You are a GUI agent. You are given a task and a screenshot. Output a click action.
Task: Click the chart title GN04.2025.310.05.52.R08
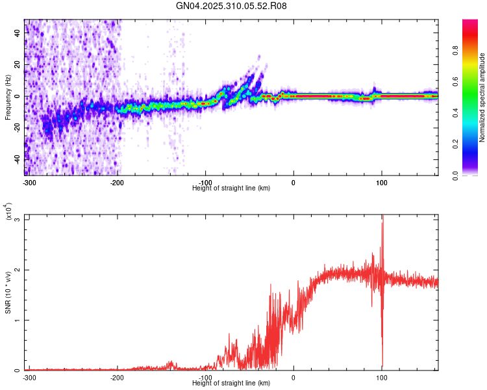click(x=232, y=6)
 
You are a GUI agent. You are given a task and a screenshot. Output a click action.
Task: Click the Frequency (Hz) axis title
click(x=8, y=97)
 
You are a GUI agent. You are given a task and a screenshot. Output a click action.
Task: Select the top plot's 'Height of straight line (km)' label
click(x=231, y=188)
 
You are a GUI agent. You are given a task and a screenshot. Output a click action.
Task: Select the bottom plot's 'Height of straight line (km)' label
click(x=231, y=383)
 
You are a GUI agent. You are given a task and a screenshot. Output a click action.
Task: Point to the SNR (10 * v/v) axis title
click(x=8, y=292)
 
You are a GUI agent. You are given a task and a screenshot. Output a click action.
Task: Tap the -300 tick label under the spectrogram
click(x=29, y=182)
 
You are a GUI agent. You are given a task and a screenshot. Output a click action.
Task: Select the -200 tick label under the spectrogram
click(x=117, y=182)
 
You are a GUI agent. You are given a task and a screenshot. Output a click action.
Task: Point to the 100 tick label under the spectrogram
click(x=382, y=182)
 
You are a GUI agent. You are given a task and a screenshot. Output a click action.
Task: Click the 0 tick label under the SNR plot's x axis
click(x=293, y=377)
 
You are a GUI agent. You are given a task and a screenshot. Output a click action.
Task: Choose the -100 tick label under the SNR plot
click(x=205, y=377)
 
